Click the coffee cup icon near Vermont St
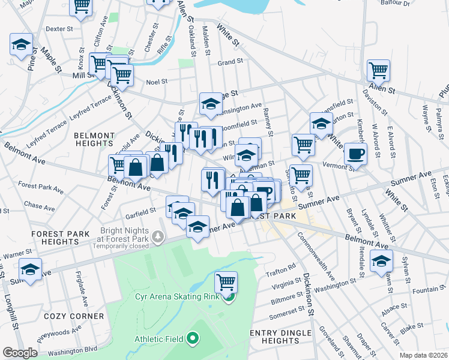(355, 153)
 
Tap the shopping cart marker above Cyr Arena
(226, 281)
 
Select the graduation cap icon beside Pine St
(21, 45)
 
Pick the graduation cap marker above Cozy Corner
(30, 268)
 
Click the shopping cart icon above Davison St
(378, 70)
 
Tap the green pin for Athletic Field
(193, 339)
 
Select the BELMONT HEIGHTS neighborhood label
(94, 140)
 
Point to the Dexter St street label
(59, 28)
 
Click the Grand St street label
(230, 61)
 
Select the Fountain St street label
(426, 289)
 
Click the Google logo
(20, 352)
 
